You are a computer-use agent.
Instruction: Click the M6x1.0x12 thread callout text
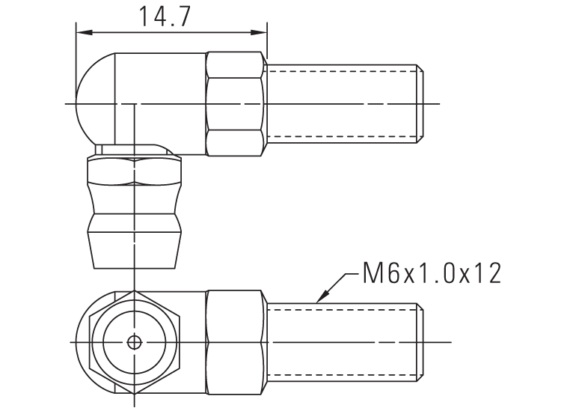click(431, 273)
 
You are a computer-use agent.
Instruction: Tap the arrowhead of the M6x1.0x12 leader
click(320, 299)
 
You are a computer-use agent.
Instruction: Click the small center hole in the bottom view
click(134, 342)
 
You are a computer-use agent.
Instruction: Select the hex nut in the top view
click(236, 104)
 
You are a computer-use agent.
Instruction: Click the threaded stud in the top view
click(340, 104)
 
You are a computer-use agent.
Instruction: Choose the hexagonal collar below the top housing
click(134, 171)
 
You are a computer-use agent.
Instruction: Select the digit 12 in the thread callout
click(487, 273)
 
